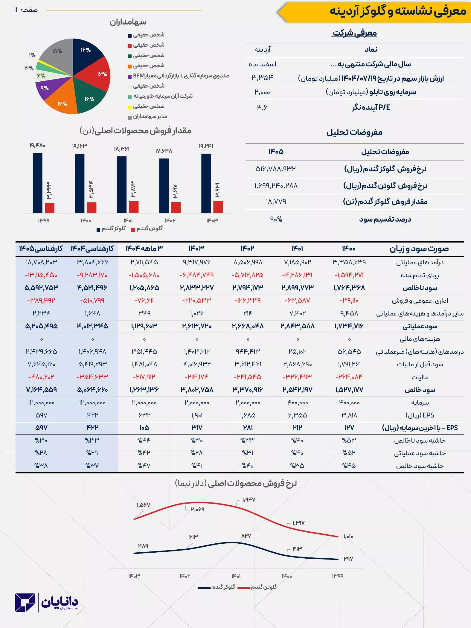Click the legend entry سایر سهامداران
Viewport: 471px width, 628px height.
150,117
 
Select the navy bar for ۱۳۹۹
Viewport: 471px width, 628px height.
38,183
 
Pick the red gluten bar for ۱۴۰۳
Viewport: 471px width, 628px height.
218,207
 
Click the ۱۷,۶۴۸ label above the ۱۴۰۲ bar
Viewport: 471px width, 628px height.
164,151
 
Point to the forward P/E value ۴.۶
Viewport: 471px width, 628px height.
262,107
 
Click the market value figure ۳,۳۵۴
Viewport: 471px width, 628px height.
262,78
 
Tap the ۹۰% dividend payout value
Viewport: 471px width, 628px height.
276,219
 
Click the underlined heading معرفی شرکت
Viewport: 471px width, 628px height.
354,33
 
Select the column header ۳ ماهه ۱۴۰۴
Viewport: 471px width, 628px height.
144,248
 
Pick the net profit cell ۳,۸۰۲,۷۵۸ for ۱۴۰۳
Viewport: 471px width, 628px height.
197,390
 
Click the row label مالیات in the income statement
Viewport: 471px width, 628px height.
420,377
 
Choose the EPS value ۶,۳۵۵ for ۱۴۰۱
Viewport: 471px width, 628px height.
297,415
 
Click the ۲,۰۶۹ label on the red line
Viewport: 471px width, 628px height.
198,509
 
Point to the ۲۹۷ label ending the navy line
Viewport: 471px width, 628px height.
348,559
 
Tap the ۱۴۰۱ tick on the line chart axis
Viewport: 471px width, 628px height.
236,576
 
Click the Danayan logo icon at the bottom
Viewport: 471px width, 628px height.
25,602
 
